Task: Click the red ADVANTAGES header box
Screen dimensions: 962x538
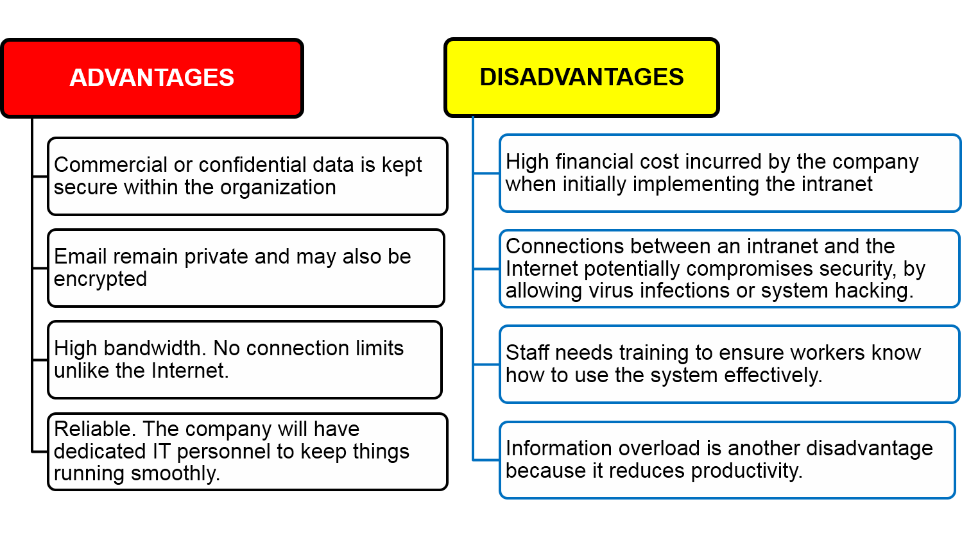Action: coord(152,78)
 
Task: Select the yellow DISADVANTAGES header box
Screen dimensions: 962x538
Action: coord(581,77)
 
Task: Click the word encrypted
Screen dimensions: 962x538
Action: coord(100,280)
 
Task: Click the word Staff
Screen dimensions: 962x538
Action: coord(526,353)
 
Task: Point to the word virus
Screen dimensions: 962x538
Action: coord(611,290)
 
